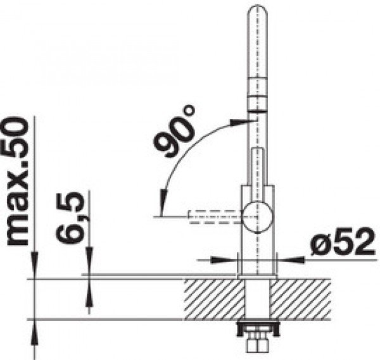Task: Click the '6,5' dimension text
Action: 70,218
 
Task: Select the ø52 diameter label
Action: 342,241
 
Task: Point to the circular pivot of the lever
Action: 258,216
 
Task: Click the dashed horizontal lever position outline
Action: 216,216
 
